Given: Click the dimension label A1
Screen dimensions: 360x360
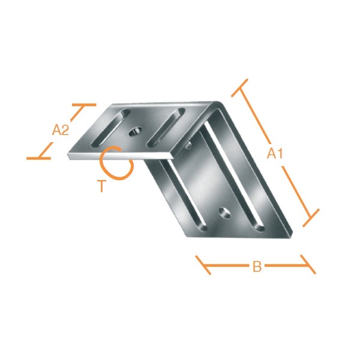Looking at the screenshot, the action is [275, 154].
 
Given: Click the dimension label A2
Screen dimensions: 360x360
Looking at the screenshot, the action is [61, 130].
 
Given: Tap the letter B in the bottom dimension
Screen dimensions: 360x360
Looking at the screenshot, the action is [257, 266].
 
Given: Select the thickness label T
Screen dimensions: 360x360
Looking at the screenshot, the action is [102, 186].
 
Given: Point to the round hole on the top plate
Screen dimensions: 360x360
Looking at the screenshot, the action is [135, 131].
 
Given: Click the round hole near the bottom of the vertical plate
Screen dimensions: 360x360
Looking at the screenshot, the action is [225, 212].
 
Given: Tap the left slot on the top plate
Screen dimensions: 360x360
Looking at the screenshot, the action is [110, 128].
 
